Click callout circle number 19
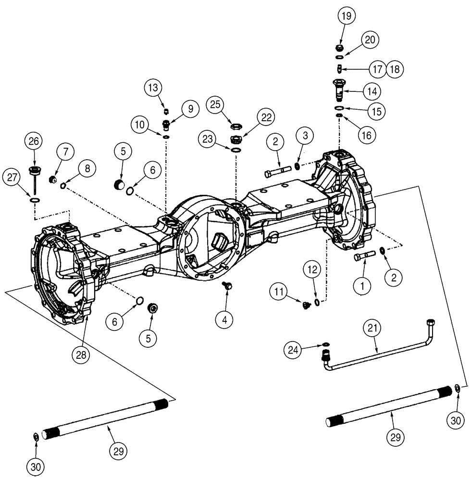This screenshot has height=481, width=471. coord(347,16)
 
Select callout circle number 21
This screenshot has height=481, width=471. coord(374,329)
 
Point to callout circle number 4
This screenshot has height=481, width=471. coord(225,318)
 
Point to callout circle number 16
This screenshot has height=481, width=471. coord(366,135)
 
